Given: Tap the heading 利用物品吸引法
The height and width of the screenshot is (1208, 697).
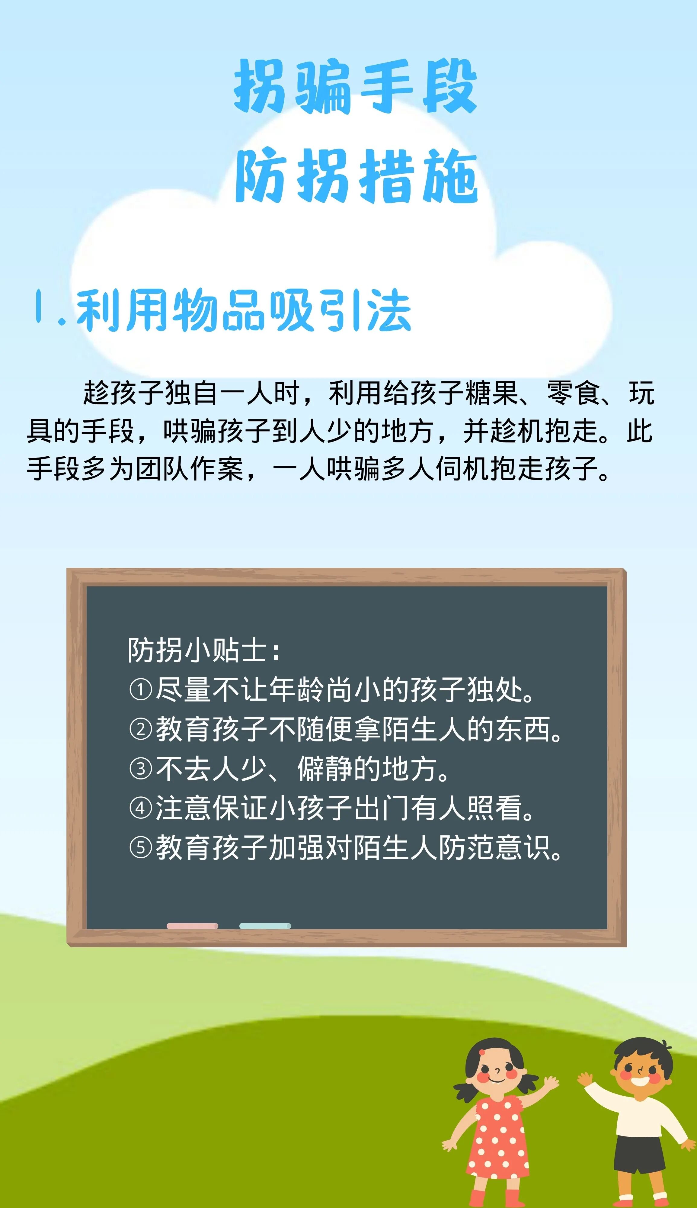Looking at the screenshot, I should tap(244, 311).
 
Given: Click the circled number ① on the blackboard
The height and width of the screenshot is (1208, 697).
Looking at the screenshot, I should tap(141, 690).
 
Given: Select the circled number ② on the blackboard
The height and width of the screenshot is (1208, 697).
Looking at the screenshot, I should tap(141, 729).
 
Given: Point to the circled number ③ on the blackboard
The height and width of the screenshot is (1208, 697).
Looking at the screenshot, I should tap(141, 769).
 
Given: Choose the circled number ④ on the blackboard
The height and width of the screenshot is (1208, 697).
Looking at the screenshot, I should tap(141, 808).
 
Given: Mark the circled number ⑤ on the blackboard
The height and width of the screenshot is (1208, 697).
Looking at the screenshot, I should tap(141, 848).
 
